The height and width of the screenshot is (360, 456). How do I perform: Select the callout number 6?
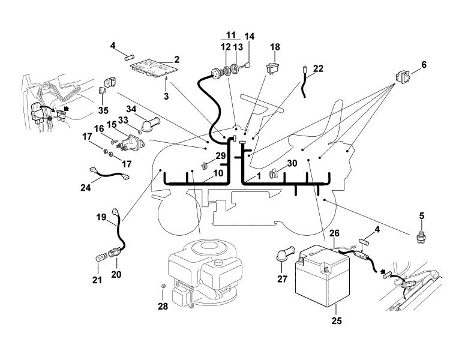[x=424, y=65]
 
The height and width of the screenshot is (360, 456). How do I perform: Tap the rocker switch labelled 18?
[x=273, y=68]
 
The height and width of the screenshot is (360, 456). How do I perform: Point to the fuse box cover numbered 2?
[x=153, y=68]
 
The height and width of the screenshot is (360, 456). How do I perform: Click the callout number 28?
[x=163, y=306]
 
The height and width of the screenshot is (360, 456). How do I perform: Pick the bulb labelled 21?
[x=101, y=258]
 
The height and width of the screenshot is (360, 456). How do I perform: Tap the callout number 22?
[x=318, y=68]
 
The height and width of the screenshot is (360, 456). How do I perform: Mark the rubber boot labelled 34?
[x=151, y=124]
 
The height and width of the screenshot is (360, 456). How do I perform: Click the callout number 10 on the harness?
[x=218, y=173]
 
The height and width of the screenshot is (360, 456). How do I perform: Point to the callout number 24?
[x=85, y=188]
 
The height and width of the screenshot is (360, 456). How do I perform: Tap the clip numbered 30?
[x=274, y=173]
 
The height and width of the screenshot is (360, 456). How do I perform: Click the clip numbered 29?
[x=204, y=166]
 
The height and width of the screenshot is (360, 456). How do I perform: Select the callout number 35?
[x=103, y=110]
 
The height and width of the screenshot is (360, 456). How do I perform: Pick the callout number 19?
[x=101, y=217]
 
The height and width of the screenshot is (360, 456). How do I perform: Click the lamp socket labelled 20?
[x=114, y=252]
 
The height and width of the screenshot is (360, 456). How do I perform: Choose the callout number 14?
[x=249, y=37]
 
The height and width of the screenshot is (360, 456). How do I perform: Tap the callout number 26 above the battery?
[x=334, y=233]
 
